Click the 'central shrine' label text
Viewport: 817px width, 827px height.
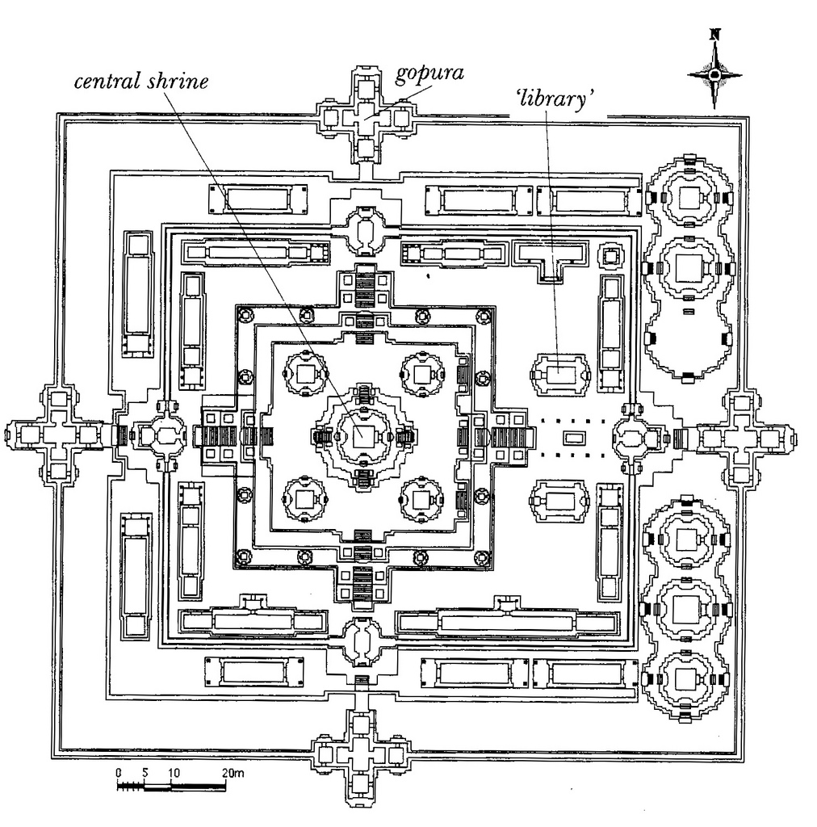click(141, 82)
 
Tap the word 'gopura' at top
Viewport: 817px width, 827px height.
click(429, 73)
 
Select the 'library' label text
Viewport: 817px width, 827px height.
click(555, 98)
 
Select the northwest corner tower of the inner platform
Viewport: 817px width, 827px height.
click(305, 374)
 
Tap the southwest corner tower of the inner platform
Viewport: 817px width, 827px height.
click(304, 499)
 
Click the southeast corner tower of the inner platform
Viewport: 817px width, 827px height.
click(421, 500)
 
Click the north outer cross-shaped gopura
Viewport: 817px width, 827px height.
click(365, 115)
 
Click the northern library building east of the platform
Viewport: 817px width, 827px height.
click(559, 375)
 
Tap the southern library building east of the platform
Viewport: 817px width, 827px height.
click(559, 501)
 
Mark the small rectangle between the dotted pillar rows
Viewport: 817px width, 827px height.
click(573, 437)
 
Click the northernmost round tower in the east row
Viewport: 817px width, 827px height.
click(689, 199)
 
